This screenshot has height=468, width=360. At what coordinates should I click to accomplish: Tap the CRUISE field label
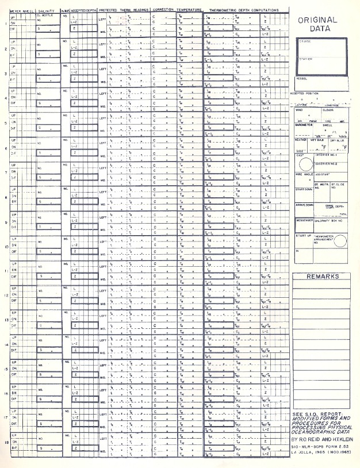(x=306, y=42)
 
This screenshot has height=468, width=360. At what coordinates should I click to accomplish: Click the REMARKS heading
(x=321, y=277)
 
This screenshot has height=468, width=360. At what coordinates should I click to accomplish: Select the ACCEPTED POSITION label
(x=304, y=93)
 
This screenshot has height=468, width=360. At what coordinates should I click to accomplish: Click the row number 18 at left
(x=6, y=443)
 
